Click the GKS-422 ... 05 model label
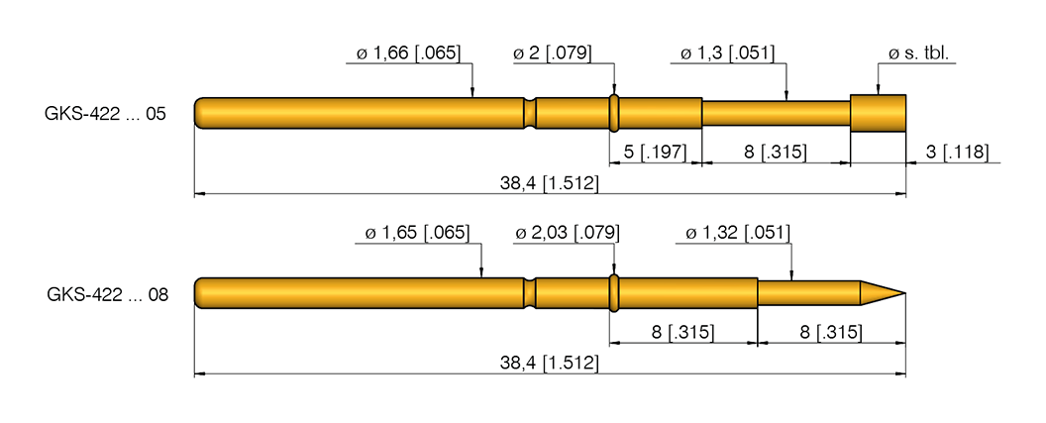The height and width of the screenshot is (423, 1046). [x=104, y=114]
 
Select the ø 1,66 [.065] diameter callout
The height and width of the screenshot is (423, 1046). [x=407, y=53]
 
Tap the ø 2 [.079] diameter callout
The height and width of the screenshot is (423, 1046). [x=553, y=53]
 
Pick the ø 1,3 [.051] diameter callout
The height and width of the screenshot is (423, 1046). [x=728, y=53]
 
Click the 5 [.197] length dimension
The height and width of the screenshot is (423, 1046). [x=655, y=152]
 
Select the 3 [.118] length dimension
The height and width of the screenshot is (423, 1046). [x=960, y=152]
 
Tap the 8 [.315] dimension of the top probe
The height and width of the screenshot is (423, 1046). [x=776, y=152]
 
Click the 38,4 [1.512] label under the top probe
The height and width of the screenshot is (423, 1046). [x=550, y=183]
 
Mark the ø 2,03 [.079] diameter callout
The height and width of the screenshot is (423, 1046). [x=568, y=233]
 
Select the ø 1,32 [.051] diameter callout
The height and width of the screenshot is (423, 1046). [x=738, y=233]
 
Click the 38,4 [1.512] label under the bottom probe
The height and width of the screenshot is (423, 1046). [x=550, y=364]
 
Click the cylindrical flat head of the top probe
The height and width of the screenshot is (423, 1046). [x=879, y=113]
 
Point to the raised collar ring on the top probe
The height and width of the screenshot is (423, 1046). [x=614, y=113]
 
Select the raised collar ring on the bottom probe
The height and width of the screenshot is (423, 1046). [x=614, y=293]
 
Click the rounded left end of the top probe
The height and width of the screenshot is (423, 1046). [x=200, y=113]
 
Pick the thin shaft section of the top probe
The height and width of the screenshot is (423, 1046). [x=777, y=113]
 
